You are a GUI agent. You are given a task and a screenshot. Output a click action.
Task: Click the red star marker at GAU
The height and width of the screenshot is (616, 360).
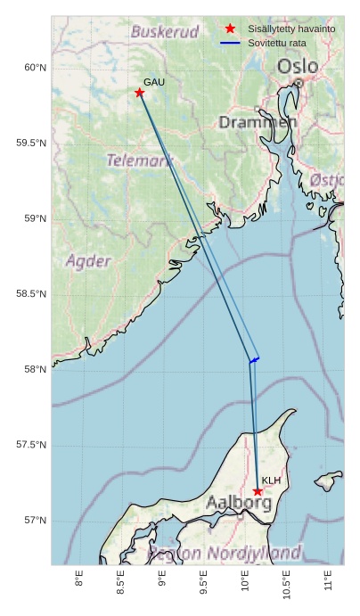(140, 93)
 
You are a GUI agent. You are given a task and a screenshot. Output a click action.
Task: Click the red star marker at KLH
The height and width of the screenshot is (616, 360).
(258, 491)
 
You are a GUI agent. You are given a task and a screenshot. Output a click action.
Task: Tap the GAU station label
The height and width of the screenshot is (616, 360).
(154, 82)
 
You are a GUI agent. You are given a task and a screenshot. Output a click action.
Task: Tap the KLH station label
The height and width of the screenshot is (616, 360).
(272, 480)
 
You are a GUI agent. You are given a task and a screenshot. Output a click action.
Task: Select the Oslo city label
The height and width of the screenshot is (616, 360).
(297, 67)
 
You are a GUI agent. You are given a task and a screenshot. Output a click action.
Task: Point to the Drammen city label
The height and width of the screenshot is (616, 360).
(258, 121)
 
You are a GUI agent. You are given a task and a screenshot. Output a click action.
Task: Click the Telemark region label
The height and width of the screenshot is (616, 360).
(139, 161)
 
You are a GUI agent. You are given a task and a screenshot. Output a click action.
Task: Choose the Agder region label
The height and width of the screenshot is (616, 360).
(88, 261)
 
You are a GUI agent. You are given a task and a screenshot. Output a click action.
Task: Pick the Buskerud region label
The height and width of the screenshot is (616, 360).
(165, 32)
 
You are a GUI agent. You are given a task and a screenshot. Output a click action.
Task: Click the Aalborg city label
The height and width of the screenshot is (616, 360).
(239, 503)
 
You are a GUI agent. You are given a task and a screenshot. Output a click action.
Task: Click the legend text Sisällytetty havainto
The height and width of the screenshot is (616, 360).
(291, 29)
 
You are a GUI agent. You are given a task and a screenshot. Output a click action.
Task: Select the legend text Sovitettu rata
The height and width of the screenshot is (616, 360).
(277, 43)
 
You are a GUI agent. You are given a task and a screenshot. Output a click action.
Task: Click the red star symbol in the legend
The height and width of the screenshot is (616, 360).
(230, 29)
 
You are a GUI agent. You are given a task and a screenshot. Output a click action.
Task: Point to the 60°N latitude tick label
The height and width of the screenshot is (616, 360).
(35, 68)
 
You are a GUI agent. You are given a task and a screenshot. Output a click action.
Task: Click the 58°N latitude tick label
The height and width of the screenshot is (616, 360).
(35, 370)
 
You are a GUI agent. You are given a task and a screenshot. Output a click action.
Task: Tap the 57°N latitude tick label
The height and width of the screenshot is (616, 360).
(35, 521)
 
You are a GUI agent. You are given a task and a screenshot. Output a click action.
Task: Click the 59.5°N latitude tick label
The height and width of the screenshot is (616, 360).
(31, 144)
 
